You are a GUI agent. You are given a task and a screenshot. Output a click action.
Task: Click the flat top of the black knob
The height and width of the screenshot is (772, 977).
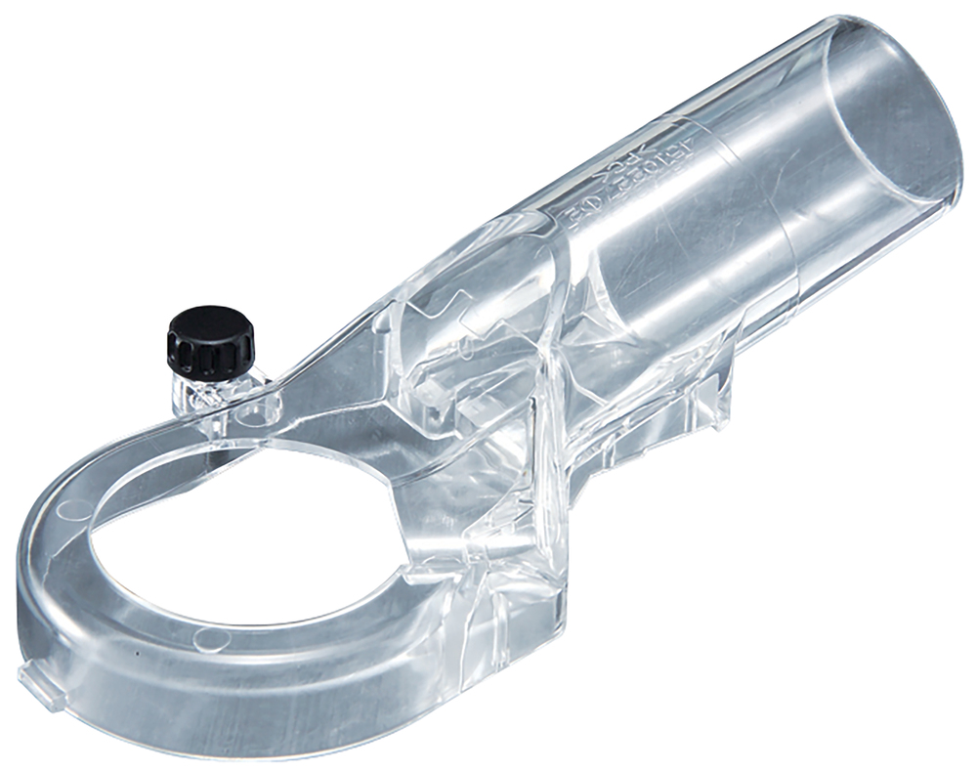[x=209, y=323]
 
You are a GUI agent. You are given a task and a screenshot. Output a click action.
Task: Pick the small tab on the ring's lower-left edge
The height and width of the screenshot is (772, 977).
[x=36, y=680]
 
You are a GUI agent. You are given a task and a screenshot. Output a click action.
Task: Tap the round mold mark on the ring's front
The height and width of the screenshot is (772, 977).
[x=206, y=639]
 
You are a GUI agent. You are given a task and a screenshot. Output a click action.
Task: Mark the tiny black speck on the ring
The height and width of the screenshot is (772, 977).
[x=138, y=652]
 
